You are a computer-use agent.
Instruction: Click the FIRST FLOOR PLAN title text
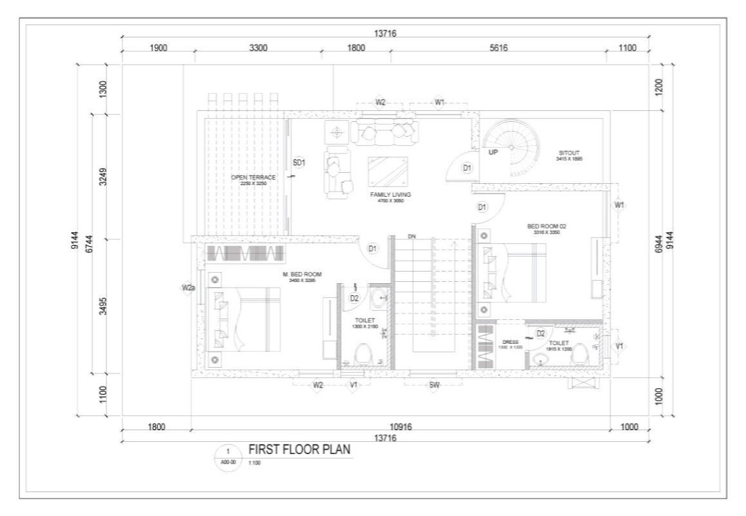pyautogui.click(x=300, y=450)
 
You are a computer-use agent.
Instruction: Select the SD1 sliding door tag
pyautogui.click(x=299, y=163)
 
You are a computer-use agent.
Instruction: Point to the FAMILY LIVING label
pyautogui.click(x=391, y=194)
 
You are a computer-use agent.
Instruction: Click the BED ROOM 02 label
pyautogui.click(x=546, y=226)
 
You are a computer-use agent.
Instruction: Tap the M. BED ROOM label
pyautogui.click(x=302, y=274)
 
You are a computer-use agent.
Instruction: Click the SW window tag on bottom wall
pyautogui.click(x=434, y=385)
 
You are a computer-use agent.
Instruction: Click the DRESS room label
pyautogui.click(x=510, y=342)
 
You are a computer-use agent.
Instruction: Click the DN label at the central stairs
pyautogui.click(x=411, y=237)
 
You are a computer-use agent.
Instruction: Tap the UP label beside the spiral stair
pyautogui.click(x=493, y=153)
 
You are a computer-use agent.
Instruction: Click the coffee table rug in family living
pyautogui.click(x=388, y=171)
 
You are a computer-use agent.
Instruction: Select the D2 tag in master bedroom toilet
pyautogui.click(x=354, y=298)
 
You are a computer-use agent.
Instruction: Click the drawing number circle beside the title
pyautogui.click(x=228, y=455)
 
